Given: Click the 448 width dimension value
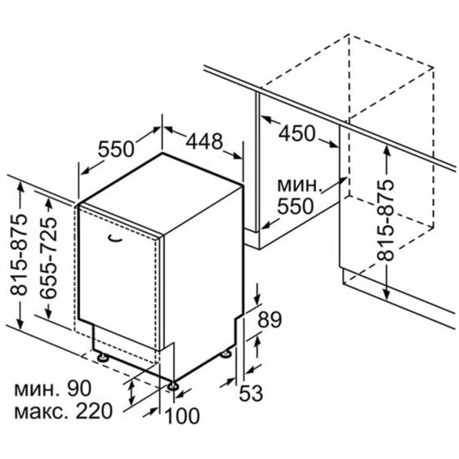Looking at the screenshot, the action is point(205,141).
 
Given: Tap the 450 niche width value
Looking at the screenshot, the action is point(296,133).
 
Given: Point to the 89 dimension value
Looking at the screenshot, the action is point(270,319).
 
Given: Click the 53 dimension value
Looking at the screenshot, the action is point(251,393).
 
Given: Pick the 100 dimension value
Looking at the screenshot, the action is point(182,416).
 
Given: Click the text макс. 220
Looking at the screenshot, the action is point(63,411).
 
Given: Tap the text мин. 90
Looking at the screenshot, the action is point(53,389).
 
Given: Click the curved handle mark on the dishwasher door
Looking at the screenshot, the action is point(115,238).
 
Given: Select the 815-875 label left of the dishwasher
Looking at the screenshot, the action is point(19,254).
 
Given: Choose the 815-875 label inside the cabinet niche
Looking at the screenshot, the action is point(385,221).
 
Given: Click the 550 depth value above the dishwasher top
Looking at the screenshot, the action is point(116,149).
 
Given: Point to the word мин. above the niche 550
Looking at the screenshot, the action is point(298,185).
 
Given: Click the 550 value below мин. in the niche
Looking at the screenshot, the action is point(296,206).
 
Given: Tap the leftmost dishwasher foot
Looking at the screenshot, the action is point(103,358).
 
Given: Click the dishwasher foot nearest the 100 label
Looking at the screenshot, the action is point(172,386).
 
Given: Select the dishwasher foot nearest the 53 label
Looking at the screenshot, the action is point(226,354).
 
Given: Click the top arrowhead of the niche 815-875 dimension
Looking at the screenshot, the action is point(386,151).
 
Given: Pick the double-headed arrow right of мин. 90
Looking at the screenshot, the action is point(131,392).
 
